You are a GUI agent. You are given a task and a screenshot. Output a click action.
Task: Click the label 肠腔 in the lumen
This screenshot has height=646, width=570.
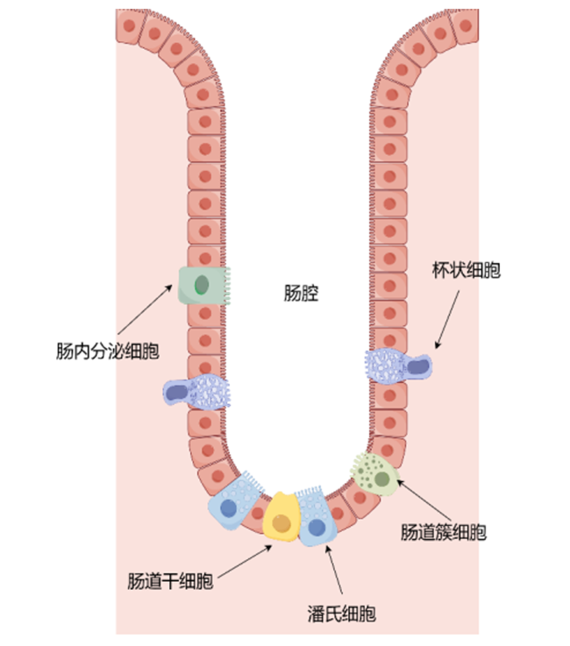[301, 294]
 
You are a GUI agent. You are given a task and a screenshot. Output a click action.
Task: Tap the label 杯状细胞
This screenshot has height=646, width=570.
[467, 270]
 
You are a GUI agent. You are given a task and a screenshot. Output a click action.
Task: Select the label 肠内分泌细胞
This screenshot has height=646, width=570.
[108, 351]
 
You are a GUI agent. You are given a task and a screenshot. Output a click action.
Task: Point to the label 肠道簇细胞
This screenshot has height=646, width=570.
[444, 532]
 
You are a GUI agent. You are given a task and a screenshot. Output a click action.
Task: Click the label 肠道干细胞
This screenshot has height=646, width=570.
[170, 581]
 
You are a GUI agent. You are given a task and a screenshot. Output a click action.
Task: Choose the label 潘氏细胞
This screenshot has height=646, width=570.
[342, 614]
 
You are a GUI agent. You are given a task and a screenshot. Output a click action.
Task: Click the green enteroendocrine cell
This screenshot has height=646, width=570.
[204, 285]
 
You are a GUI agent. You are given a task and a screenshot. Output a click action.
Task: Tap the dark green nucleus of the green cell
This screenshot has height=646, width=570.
[202, 285]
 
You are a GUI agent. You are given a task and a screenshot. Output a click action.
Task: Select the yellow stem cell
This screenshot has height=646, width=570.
[281, 516]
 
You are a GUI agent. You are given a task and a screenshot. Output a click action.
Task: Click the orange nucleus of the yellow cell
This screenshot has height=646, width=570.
[281, 523]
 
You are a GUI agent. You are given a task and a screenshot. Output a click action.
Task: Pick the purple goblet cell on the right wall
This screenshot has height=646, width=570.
[398, 366]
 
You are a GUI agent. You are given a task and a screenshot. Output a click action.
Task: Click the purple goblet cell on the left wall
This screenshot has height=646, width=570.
[196, 392]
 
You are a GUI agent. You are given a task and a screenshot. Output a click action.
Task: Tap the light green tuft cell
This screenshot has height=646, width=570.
[375, 474]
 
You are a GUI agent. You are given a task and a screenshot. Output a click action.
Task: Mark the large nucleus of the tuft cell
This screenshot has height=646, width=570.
[382, 479]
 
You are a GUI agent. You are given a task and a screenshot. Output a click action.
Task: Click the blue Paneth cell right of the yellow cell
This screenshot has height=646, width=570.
[316, 516]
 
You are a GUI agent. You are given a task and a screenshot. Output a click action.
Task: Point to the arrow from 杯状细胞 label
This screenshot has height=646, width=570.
[447, 319]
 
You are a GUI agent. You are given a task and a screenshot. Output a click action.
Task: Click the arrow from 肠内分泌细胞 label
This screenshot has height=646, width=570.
[145, 309]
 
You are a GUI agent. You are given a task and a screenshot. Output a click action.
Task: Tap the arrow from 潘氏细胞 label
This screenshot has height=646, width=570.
[334, 570]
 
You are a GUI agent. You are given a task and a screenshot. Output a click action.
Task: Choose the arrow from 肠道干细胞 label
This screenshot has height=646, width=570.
[245, 562]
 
